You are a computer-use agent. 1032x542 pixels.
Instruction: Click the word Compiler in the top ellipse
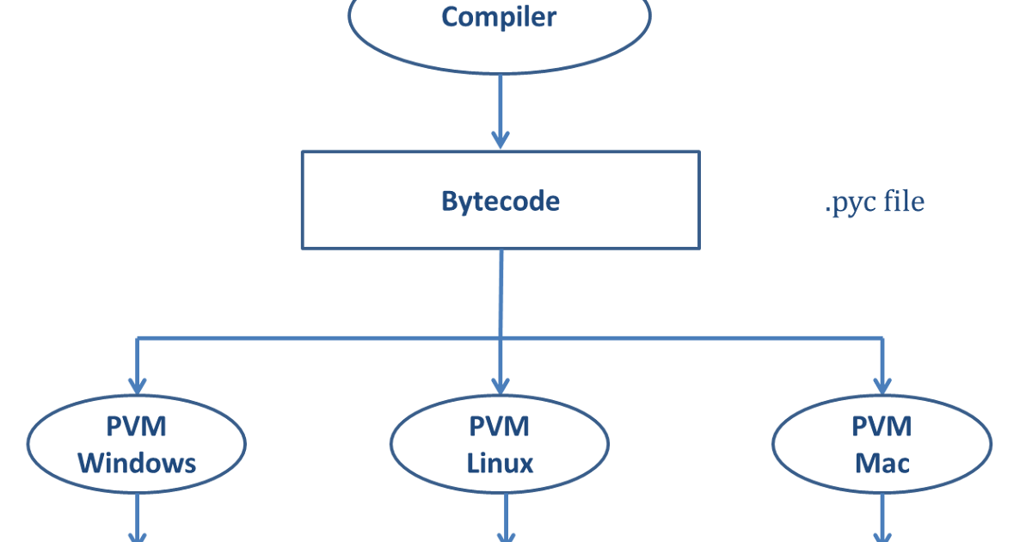click(499, 16)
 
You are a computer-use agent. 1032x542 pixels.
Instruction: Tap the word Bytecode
click(500, 201)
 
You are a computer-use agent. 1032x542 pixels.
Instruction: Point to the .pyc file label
click(874, 202)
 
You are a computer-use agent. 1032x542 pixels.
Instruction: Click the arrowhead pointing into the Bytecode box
click(500, 139)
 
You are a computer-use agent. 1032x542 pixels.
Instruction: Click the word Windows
click(137, 464)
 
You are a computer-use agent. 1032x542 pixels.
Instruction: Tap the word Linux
click(500, 464)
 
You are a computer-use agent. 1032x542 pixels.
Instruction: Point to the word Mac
click(881, 464)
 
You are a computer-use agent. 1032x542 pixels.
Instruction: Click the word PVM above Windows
click(137, 427)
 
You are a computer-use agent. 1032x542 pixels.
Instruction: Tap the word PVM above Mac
click(881, 427)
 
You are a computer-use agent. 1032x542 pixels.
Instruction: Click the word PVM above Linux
click(500, 427)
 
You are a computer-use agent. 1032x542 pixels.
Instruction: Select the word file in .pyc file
click(905, 202)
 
